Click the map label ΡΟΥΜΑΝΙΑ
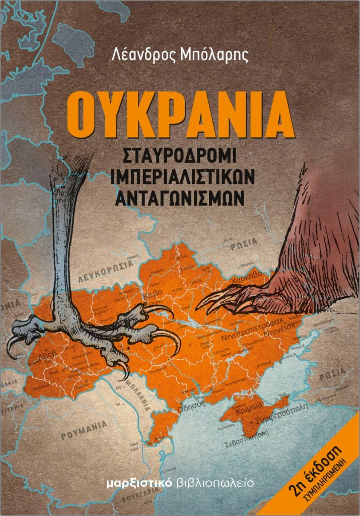point(84,428)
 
